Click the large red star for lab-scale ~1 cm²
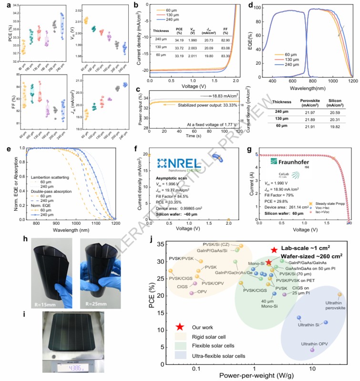[x=274, y=250]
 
